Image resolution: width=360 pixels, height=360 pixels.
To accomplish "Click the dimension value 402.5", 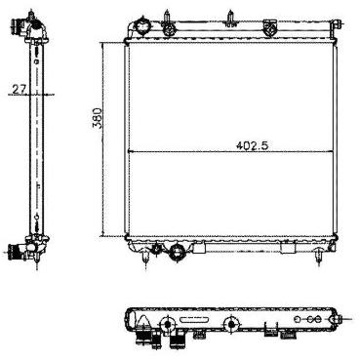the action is (x=252, y=146).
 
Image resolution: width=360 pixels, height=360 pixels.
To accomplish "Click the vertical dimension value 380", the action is (x=98, y=118).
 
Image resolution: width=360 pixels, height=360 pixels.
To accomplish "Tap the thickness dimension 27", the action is (x=20, y=89).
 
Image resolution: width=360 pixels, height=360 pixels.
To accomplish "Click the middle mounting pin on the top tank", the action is (x=230, y=19).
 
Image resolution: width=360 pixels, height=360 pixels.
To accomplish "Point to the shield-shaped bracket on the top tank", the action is (x=270, y=26).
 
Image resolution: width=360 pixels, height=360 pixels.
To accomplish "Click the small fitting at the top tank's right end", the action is (x=335, y=24).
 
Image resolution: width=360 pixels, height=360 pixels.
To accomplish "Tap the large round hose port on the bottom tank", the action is (x=178, y=252).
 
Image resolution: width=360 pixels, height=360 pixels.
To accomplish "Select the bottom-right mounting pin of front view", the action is (x=318, y=258).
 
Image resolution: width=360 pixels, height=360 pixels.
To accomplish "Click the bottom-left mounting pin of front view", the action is (x=145, y=260).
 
